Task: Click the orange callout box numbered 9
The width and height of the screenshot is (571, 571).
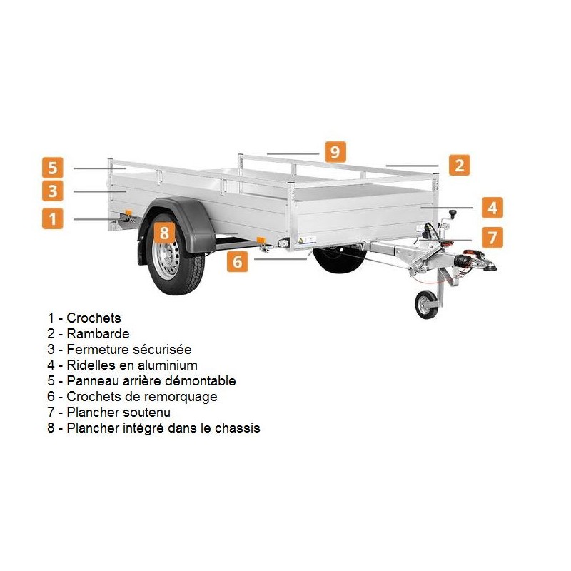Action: (334, 151)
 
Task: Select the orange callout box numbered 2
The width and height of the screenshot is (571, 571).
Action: (459, 165)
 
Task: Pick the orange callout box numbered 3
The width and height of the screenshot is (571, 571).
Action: (52, 191)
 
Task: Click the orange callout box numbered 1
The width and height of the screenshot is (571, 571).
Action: (52, 218)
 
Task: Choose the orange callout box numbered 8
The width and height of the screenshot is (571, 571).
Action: (164, 232)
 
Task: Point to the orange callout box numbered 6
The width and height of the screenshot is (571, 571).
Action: (238, 261)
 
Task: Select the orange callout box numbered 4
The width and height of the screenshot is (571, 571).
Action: (492, 208)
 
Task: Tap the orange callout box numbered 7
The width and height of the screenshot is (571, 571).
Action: (492, 236)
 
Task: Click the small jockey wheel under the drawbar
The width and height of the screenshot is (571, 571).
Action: (426, 305)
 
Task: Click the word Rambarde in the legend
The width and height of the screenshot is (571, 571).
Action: (98, 333)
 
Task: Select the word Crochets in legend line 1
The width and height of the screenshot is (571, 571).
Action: (94, 318)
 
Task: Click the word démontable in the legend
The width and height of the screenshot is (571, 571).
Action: (201, 380)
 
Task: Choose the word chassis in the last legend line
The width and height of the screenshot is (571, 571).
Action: (236, 428)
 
